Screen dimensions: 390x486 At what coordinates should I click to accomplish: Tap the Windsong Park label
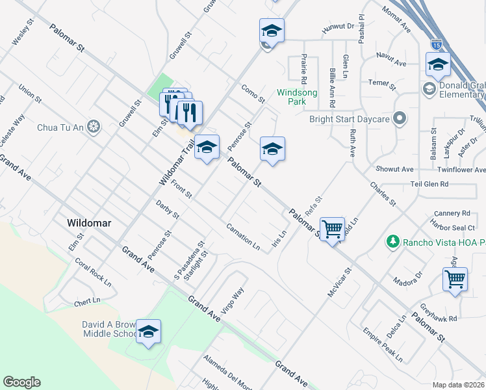297,97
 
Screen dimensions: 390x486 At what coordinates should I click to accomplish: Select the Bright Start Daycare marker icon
400,118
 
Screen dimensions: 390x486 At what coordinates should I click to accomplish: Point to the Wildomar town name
89,222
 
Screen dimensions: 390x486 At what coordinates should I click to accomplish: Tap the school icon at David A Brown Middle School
148,331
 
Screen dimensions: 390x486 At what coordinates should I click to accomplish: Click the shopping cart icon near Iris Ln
332,228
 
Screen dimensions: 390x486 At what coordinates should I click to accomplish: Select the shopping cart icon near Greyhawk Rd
455,279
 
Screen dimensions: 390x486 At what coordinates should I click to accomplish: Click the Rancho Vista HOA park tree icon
392,242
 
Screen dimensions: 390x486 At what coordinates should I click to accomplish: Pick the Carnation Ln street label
243,237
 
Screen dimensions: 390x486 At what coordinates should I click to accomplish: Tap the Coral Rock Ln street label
93,273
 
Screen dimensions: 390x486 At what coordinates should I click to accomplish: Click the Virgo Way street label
233,300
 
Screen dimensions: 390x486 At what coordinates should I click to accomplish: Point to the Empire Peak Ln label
383,345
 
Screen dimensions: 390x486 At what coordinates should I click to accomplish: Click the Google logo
21,382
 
